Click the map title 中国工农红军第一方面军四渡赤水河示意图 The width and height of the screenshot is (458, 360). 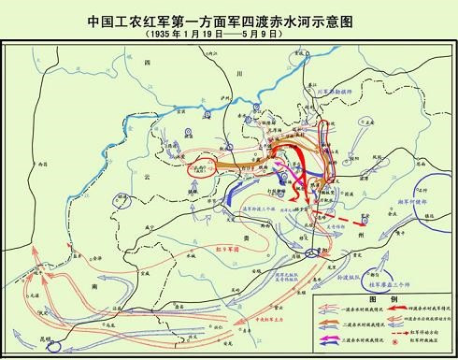click(x=230, y=18)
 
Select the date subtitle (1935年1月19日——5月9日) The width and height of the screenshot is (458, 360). click(x=230, y=33)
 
